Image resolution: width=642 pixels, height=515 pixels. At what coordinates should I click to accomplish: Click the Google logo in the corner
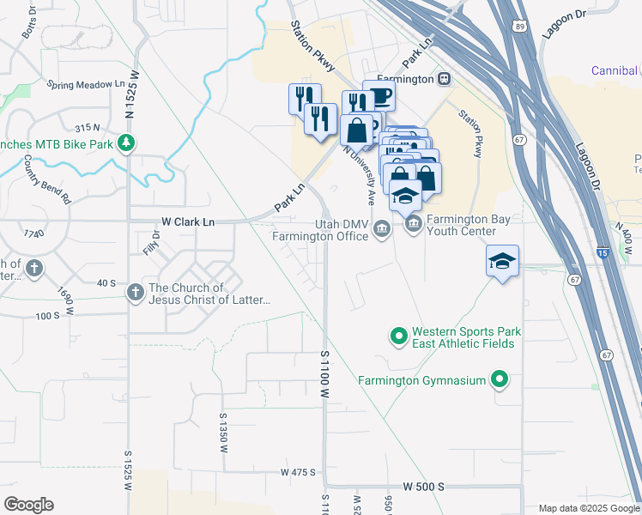pos(28,505)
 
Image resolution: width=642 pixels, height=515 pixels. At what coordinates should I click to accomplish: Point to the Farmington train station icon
pos(444,79)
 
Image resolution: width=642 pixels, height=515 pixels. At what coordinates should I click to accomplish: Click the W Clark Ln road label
pos(187,221)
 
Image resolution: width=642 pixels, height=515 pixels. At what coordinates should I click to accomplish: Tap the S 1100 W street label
pos(325,374)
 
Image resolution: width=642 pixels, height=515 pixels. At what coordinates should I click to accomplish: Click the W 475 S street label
pos(298,473)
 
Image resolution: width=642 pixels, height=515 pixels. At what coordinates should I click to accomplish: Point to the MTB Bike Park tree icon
pos(127,143)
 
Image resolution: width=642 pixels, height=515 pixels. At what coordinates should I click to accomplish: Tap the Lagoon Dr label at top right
pos(562,26)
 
